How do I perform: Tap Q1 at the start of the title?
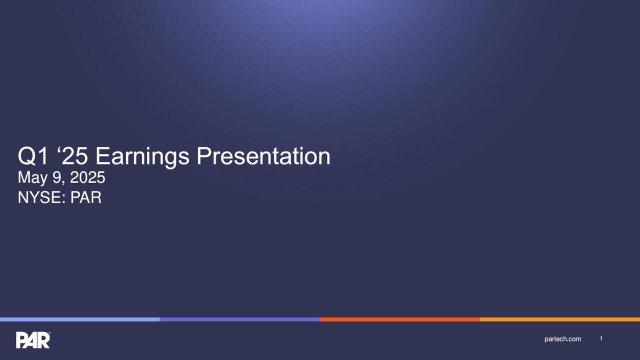coord(34,156)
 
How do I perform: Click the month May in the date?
coord(34,178)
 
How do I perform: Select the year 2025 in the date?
coord(85,178)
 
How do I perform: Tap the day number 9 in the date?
coord(58,178)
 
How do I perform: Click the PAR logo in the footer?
coord(33,340)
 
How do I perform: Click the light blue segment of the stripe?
coord(80,320)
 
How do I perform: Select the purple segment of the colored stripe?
coord(240,320)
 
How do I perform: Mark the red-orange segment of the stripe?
coord(400,320)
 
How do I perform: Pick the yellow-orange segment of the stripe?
coord(560,320)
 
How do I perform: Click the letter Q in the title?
coord(27,156)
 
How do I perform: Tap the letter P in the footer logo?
coord(22,340)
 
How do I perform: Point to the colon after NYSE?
coord(66,198)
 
